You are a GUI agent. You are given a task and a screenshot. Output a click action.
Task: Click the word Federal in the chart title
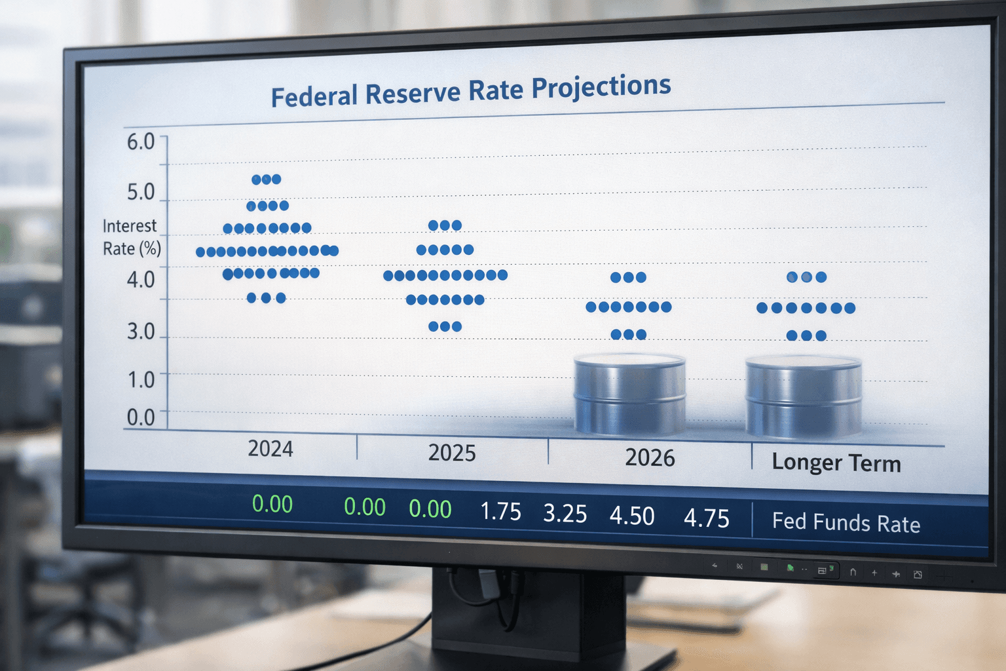click(314, 96)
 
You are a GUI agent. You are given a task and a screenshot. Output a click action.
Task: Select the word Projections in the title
click(601, 86)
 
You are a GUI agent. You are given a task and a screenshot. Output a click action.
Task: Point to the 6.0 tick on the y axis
click(141, 142)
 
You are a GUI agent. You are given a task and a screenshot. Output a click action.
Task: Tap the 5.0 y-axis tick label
click(141, 192)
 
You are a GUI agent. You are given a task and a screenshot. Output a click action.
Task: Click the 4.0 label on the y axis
click(141, 280)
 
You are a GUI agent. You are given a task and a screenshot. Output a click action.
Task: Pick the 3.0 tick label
click(141, 332)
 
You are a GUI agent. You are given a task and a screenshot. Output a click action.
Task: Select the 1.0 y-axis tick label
click(141, 379)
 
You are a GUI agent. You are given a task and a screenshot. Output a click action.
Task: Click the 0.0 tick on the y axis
click(141, 417)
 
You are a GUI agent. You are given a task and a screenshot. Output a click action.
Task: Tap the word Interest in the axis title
click(130, 226)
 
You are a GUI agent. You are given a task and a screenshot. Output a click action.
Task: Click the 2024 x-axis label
click(270, 449)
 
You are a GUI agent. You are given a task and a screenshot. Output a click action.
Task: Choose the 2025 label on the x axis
click(452, 453)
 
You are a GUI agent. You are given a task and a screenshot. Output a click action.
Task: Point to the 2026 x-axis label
click(650, 457)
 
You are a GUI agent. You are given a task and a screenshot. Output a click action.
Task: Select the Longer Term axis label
click(836, 463)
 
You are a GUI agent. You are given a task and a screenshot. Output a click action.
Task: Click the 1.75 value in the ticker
click(500, 512)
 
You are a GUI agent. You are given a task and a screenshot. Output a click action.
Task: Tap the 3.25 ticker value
click(565, 514)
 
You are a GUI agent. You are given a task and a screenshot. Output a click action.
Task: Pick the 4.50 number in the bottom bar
click(632, 516)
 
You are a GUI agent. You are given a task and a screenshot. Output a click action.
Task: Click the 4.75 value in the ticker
click(706, 518)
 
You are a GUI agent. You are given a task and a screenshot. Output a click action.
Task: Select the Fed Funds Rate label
click(846, 523)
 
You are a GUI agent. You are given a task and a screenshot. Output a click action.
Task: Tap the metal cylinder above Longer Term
click(804, 397)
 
